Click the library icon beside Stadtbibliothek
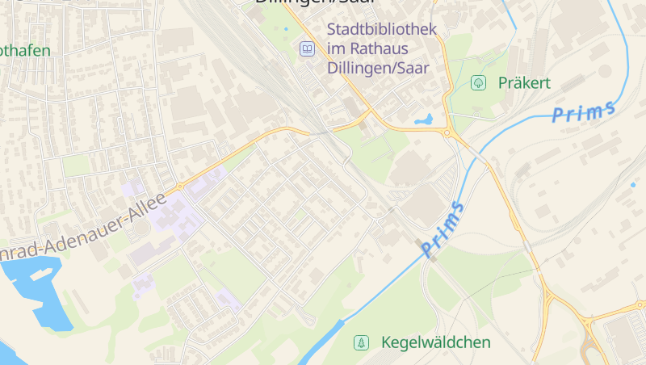[x=307, y=49]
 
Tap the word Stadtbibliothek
[x=381, y=30]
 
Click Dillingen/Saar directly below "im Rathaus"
[x=379, y=67]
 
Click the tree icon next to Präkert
[x=478, y=82]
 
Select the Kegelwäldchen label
[x=434, y=342]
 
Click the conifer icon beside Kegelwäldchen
[x=361, y=342]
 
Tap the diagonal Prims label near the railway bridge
[x=443, y=230]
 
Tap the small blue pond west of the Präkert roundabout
[x=423, y=120]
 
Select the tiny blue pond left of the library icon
[x=285, y=30]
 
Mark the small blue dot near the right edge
[x=632, y=185]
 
